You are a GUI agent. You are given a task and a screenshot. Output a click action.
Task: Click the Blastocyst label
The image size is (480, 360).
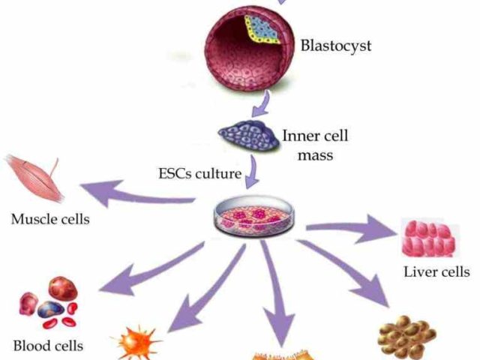coord(336,45)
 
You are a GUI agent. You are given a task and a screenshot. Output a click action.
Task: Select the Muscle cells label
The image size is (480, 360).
coord(50,220)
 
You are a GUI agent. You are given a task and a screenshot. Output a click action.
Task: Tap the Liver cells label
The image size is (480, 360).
coord(436,271)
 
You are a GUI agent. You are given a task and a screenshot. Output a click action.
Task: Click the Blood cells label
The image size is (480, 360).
coord(48,346)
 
